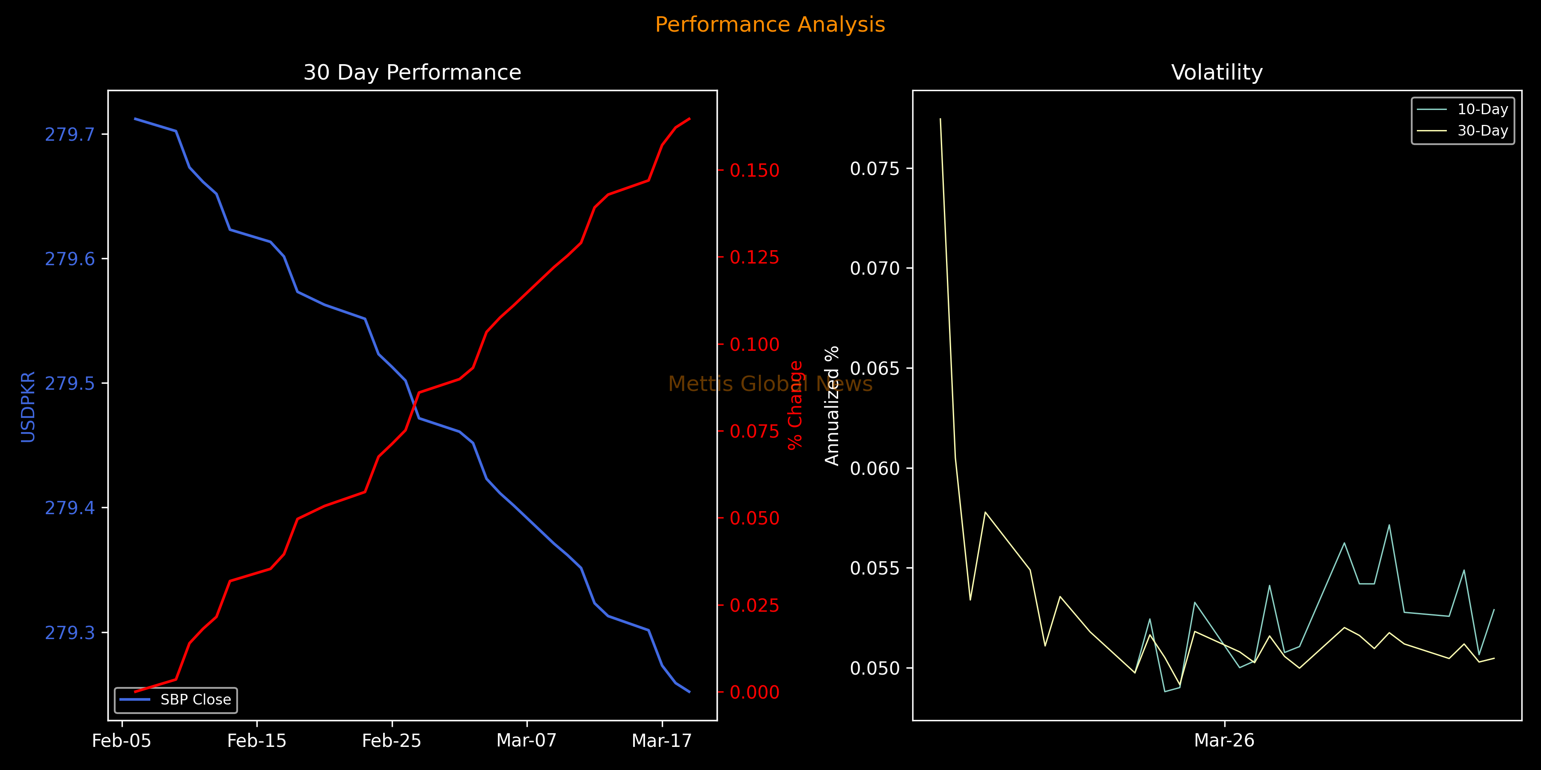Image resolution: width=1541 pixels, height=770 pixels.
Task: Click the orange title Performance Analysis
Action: point(770,24)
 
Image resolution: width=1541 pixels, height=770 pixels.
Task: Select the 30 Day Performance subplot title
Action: point(412,72)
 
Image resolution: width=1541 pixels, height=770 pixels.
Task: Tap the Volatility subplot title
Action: point(1217,72)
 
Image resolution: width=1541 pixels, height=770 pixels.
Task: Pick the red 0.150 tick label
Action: point(754,170)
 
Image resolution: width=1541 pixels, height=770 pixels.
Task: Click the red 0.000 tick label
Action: point(754,692)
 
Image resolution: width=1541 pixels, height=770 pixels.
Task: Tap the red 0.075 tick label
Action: point(754,431)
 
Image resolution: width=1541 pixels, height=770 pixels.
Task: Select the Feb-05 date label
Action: point(122,741)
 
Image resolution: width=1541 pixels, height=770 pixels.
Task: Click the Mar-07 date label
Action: point(527,741)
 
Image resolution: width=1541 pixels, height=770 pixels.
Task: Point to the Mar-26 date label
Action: point(1224,741)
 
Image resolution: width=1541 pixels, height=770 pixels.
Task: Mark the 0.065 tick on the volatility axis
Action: point(875,367)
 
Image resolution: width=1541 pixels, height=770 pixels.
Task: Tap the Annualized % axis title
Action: point(832,406)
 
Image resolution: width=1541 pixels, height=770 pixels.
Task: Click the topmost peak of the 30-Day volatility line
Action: point(940,119)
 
